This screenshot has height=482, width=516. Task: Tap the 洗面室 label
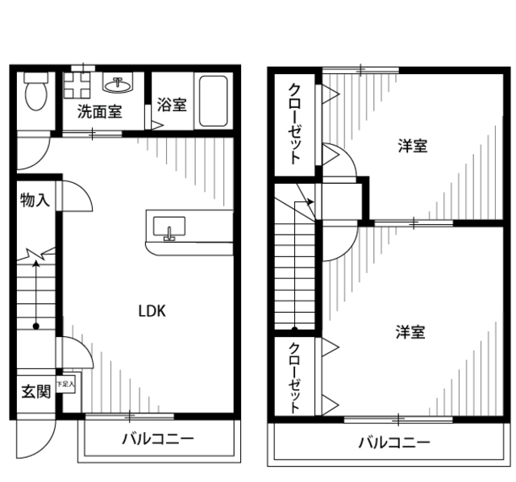click(x=99, y=112)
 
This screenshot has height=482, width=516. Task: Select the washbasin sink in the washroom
click(x=120, y=83)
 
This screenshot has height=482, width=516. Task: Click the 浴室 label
click(x=171, y=104)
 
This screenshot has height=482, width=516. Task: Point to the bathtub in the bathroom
click(x=213, y=102)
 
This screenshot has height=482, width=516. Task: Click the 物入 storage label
click(x=35, y=201)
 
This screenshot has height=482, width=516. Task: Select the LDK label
click(x=152, y=311)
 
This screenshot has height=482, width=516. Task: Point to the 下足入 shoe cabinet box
click(x=65, y=385)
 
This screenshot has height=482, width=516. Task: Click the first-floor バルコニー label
click(x=158, y=440)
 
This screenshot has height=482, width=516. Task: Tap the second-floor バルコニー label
click(x=393, y=443)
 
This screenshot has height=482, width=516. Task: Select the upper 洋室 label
click(x=412, y=146)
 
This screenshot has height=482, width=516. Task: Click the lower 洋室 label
click(x=410, y=331)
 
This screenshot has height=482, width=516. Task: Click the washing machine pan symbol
click(x=80, y=84)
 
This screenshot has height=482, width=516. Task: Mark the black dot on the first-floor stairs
click(x=36, y=326)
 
